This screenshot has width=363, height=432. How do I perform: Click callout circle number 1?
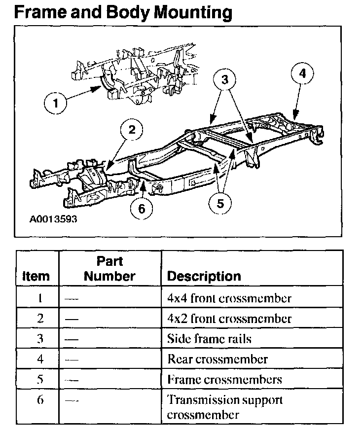(x=56, y=104)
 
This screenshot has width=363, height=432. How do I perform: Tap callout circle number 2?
(x=132, y=130)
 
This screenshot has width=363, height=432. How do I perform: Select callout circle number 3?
(x=225, y=80)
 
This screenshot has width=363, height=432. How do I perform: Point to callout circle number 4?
(x=302, y=73)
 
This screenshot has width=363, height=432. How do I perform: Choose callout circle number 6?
(x=142, y=209)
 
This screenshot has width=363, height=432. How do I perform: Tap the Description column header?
(x=204, y=276)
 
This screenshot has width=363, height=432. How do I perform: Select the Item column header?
(x=36, y=276)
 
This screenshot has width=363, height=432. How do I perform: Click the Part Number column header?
(x=109, y=269)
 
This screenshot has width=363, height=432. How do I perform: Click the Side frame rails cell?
(x=209, y=339)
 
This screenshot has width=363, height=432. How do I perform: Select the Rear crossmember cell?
(x=218, y=359)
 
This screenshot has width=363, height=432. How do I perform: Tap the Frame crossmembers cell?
(x=224, y=379)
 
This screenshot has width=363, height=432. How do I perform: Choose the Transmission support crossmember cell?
(x=224, y=407)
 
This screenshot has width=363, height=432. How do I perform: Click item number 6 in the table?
(x=40, y=399)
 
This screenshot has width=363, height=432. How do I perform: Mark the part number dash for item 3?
(x=72, y=339)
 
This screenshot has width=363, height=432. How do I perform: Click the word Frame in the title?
(x=38, y=12)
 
